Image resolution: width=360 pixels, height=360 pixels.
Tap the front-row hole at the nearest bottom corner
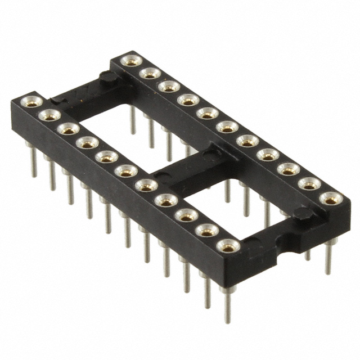tap(228, 245)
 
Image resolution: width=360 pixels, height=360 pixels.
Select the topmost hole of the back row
tap(131, 61)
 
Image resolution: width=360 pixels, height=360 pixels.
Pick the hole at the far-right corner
tap(329, 198)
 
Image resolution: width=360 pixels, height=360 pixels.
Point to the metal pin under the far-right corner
tap(329, 256)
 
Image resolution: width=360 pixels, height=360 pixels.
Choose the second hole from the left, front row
tap(49, 115)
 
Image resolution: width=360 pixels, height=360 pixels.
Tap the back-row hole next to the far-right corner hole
tap(309, 183)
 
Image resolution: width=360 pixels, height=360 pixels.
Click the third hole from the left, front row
tap(68, 129)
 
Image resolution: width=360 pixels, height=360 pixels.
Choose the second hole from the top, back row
tap(150, 73)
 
